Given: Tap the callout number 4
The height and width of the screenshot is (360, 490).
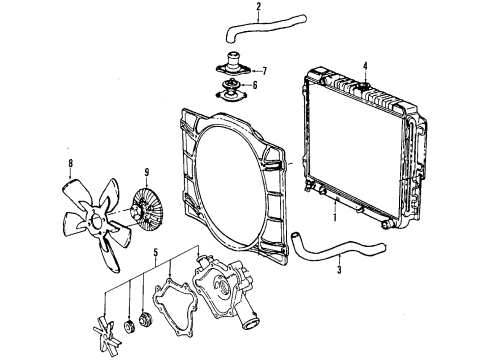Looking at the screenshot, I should (x=366, y=66).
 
